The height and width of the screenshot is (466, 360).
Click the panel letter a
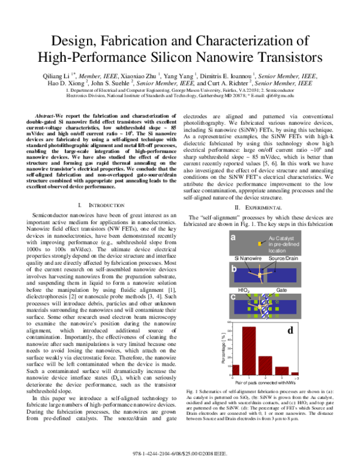click(x=233, y=237)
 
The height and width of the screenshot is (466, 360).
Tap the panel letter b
click(x=233, y=268)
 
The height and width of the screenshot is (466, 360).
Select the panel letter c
click(x=233, y=297)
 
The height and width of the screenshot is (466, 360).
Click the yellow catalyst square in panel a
click(x=260, y=244)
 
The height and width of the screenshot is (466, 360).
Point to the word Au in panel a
click(x=272, y=238)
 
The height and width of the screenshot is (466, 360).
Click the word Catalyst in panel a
click(x=284, y=238)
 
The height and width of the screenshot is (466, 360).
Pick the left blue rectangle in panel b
click(x=245, y=276)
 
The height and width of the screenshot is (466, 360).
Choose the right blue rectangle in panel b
click(x=282, y=276)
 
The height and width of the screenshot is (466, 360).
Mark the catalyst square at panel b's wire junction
click(x=260, y=275)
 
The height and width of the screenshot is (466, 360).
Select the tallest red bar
click(x=249, y=351)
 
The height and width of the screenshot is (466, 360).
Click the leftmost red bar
click(x=236, y=369)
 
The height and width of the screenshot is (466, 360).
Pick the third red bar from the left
click(x=265, y=365)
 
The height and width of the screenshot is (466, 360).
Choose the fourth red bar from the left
click(x=282, y=371)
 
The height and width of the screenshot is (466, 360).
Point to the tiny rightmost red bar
click(x=295, y=374)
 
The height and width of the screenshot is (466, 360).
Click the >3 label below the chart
click(x=296, y=378)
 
